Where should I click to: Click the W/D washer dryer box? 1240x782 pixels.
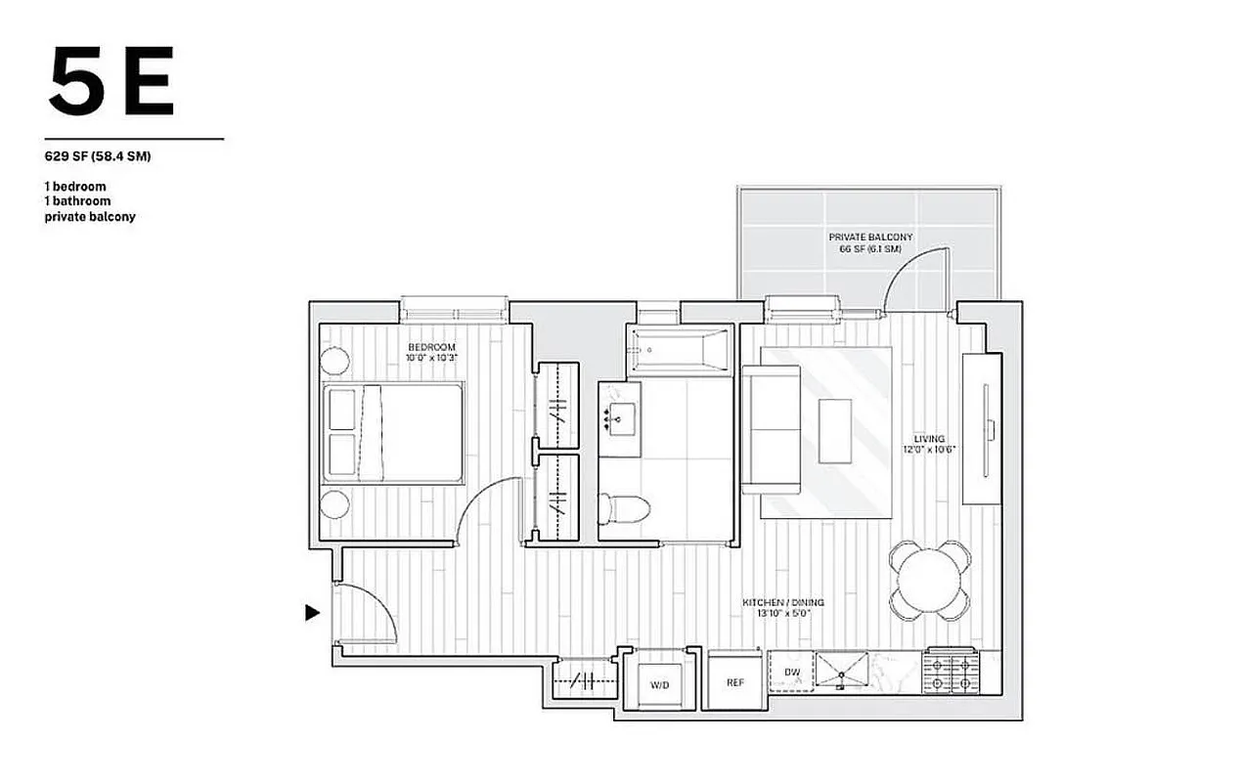point(660,684)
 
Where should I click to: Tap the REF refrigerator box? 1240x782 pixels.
point(735,682)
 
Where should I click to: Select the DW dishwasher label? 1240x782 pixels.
point(791,673)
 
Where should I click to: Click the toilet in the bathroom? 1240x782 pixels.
point(623,509)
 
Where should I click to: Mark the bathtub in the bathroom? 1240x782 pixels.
point(680,351)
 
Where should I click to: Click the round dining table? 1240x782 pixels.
point(929,581)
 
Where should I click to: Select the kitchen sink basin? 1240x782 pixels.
point(842,672)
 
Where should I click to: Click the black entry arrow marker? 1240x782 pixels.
point(312,613)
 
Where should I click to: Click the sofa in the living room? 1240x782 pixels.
point(771,429)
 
